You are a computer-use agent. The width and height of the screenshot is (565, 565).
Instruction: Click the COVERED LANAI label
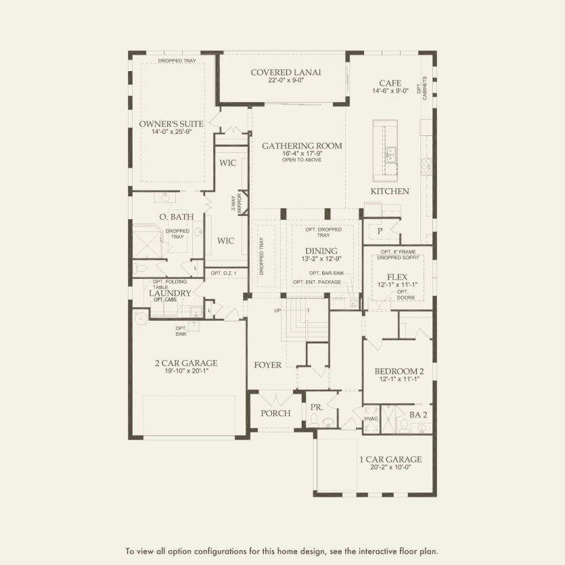coord(286,72)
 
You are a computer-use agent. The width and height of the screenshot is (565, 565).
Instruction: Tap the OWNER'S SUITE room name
coord(171,124)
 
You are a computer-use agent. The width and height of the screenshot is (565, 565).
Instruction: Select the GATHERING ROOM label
coord(302,145)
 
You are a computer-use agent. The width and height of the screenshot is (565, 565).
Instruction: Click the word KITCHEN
coord(389,191)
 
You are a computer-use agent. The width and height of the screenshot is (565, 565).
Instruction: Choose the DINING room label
coord(321,250)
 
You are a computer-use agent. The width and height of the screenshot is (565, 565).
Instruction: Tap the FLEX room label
coord(397,277)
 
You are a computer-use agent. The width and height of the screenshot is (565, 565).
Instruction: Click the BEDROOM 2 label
coord(399,371)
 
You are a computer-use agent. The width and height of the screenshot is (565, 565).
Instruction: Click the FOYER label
coord(267,365)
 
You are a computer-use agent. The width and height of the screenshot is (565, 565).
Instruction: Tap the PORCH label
coord(275,413)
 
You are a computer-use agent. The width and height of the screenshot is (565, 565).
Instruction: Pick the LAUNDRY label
coord(170,293)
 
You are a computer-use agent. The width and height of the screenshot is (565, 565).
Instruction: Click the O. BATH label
coord(177,217)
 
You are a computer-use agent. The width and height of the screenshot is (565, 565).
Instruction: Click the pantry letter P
coord(380,231)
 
